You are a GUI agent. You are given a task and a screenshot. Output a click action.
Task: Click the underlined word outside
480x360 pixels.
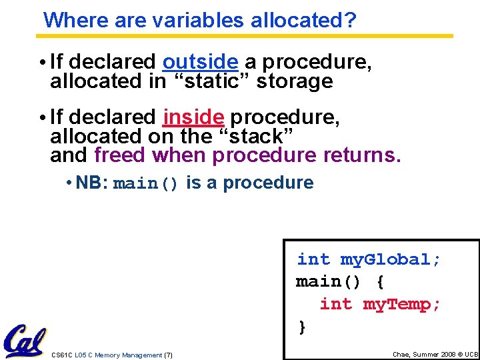(200, 62)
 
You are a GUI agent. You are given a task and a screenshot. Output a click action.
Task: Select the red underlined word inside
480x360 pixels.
(193, 117)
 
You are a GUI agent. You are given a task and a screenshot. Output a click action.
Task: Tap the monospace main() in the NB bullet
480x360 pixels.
(146, 184)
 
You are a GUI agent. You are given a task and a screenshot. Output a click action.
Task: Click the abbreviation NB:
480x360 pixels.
(92, 183)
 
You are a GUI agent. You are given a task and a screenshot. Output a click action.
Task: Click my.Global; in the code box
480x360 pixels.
(391, 259)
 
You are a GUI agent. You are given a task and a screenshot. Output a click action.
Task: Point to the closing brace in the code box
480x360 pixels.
(302, 327)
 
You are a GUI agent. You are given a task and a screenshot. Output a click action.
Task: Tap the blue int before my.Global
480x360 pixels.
(313, 259)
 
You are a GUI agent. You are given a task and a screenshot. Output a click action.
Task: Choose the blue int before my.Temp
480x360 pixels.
(336, 305)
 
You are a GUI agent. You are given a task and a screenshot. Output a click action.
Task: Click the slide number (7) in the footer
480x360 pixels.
(168, 355)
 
